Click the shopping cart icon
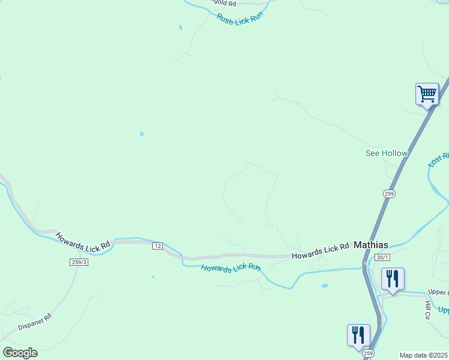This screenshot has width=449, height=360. click(427, 94)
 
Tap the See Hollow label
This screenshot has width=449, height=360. click(387, 153)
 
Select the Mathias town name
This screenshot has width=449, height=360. click(370, 245)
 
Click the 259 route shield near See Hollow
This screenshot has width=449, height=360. click(389, 193)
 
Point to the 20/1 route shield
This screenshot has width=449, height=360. click(382, 257)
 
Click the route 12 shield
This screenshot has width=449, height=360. click(157, 246)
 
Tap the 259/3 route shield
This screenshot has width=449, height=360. click(79, 262)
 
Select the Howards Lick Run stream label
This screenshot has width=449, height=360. click(231, 269)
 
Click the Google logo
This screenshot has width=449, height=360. click(20, 353)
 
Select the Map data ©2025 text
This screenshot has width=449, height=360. click(424, 355)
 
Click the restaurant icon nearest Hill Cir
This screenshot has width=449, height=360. click(393, 279)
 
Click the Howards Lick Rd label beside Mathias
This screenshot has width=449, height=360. click(321, 251)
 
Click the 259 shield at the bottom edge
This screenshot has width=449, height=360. click(368, 353)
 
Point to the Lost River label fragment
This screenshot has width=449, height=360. click(439, 159)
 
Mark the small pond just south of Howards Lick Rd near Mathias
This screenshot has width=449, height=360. click(325, 286)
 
